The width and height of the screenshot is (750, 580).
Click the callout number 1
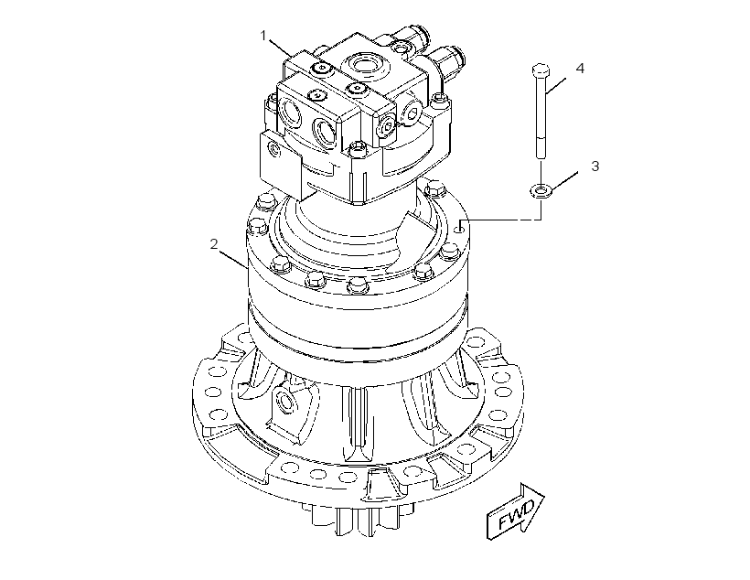pyautogui.click(x=263, y=36)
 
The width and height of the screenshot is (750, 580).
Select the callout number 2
pyautogui.click(x=214, y=244)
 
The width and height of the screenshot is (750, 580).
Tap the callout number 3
pyautogui.click(x=595, y=166)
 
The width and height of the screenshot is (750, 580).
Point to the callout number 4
pyautogui.click(x=580, y=69)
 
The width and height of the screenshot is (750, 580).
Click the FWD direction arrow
pyautogui.click(x=516, y=511)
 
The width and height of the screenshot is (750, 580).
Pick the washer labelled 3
pyautogui.click(x=541, y=190)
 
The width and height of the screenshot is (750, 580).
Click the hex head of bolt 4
pyautogui.click(x=541, y=70)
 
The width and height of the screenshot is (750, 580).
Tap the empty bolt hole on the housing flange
pyautogui.click(x=459, y=230)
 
